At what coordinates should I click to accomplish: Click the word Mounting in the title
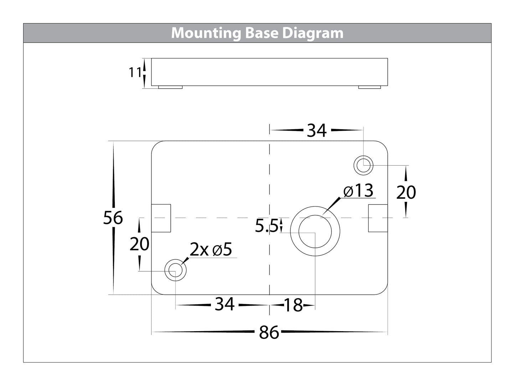coord(206,33)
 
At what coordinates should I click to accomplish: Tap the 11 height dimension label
coord(135,73)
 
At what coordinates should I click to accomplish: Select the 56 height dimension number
coord(113,218)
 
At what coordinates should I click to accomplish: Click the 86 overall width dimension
coord(269,333)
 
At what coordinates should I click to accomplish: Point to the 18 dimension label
coord(293,305)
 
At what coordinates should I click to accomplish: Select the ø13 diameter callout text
coord(358,191)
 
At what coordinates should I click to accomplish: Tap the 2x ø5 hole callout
coord(211,250)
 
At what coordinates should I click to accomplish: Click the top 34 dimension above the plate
coord(316,131)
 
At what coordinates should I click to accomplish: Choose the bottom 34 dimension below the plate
coord(225,304)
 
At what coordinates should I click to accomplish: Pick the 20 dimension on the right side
coord(406,193)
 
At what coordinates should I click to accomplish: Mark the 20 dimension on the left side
coord(139,244)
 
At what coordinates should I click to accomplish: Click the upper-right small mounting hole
coord(363,165)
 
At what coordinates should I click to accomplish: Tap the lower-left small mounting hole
coord(175,270)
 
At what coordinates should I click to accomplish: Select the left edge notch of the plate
coord(161,218)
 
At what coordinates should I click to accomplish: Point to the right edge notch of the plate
coord(378,218)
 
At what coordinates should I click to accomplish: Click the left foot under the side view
coord(170,87)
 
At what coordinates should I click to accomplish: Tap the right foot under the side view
coord(370,87)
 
